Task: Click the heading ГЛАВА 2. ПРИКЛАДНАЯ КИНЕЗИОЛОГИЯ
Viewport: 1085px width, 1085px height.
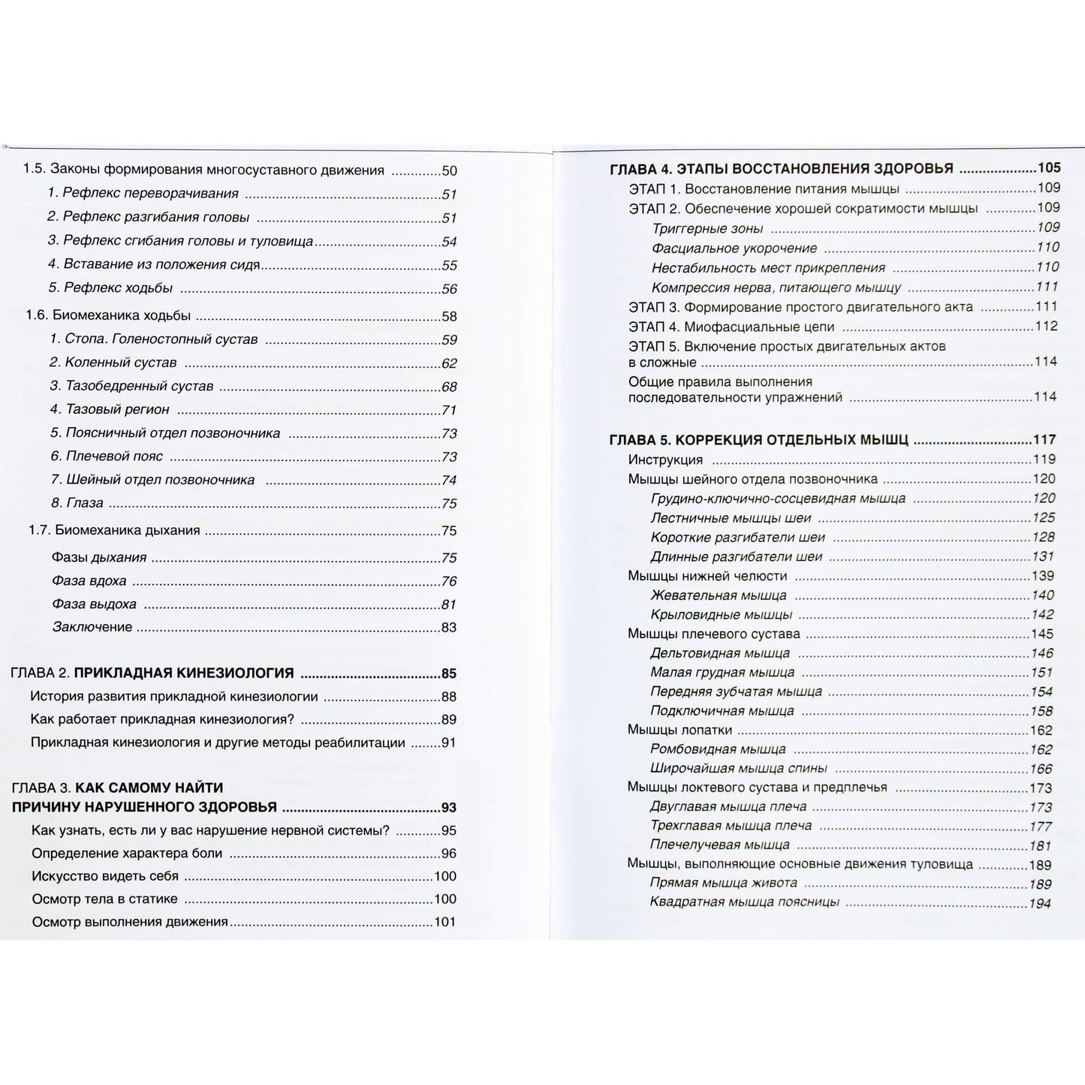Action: (x=152, y=674)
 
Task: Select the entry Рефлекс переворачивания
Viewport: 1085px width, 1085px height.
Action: (x=143, y=194)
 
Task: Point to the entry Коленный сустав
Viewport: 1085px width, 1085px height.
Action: (x=113, y=363)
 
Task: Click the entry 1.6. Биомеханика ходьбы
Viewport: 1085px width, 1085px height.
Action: (x=108, y=315)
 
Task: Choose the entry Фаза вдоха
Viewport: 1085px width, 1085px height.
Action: (x=89, y=581)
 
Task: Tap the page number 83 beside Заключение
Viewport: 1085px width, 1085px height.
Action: (x=449, y=628)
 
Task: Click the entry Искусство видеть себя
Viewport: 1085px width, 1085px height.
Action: (x=105, y=876)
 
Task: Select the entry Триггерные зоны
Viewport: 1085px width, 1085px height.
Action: (x=707, y=228)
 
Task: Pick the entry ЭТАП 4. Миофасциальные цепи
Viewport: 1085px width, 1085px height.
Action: (x=731, y=327)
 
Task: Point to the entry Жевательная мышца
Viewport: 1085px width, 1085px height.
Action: (x=719, y=595)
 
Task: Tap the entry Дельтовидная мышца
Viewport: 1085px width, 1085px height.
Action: (x=720, y=653)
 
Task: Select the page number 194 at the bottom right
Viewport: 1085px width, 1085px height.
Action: (x=1040, y=903)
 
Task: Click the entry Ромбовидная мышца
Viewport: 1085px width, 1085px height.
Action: (x=718, y=749)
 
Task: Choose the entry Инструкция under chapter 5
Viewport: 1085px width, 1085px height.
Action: (x=665, y=460)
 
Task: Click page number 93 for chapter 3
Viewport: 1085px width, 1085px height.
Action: (x=448, y=808)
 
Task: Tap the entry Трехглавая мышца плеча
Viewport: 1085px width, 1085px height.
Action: (x=731, y=826)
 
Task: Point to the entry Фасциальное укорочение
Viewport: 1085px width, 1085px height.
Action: (x=734, y=248)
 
